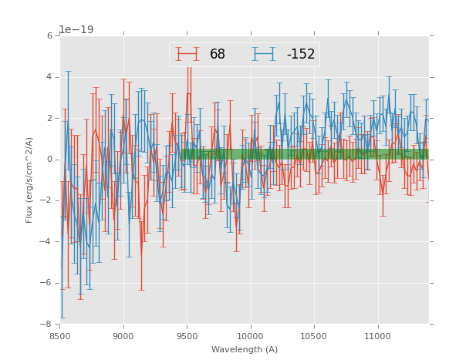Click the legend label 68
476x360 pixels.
click(218, 55)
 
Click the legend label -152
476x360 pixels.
click(301, 55)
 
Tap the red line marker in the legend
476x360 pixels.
click(187, 55)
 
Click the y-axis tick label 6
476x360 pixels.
click(49, 36)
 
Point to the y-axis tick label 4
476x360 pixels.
click(49, 77)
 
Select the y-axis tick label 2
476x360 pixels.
click(49, 119)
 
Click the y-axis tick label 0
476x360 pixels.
click(49, 160)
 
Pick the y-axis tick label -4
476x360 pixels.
click(47, 242)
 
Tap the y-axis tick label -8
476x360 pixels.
click(47, 325)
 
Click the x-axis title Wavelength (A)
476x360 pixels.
click(245, 349)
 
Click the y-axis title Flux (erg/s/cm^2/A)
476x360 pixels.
click(29, 180)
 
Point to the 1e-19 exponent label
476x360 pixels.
click(76, 30)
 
